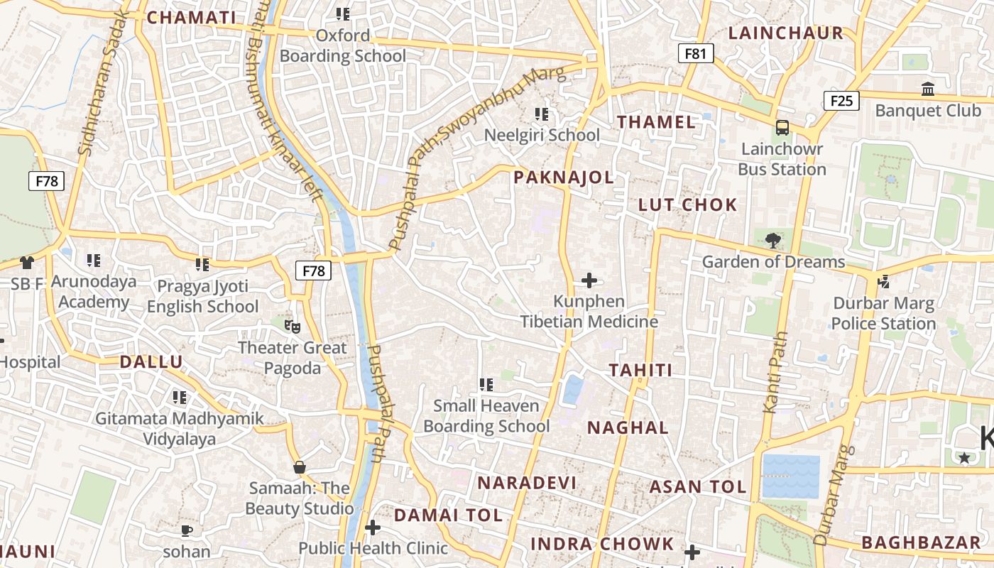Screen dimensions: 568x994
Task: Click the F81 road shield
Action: point(695,53)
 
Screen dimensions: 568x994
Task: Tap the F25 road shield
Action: point(841,101)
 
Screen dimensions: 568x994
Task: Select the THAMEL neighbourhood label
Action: point(656,122)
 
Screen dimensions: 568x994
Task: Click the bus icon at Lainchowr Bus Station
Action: point(782,128)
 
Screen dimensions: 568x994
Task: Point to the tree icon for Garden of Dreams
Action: point(773,240)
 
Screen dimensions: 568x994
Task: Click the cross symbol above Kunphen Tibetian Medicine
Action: point(589,280)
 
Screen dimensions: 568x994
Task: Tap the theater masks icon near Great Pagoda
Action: point(292,326)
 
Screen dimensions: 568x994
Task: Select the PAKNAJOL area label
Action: point(564,177)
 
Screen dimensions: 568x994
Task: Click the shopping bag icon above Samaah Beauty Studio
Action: point(300,467)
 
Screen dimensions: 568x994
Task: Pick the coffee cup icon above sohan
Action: point(187,530)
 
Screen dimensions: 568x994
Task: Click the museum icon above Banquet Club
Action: point(927,89)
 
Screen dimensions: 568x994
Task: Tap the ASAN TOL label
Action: point(698,487)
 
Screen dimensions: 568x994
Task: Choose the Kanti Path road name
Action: point(775,372)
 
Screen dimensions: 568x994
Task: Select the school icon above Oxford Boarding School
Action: point(343,13)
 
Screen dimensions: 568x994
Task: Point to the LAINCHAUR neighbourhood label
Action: point(786,33)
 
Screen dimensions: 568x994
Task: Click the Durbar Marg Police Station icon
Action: point(883,282)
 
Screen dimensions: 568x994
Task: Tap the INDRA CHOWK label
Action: point(602,544)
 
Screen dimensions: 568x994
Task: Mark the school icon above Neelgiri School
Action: point(542,114)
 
